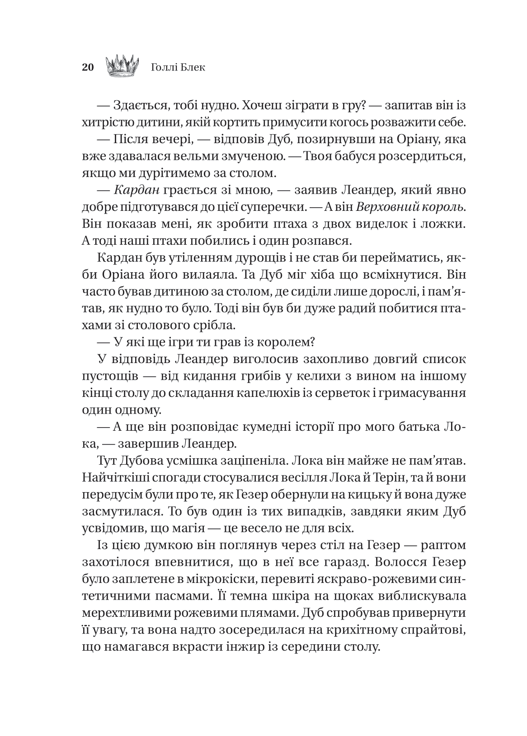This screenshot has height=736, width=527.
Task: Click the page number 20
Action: [x=88, y=67]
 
